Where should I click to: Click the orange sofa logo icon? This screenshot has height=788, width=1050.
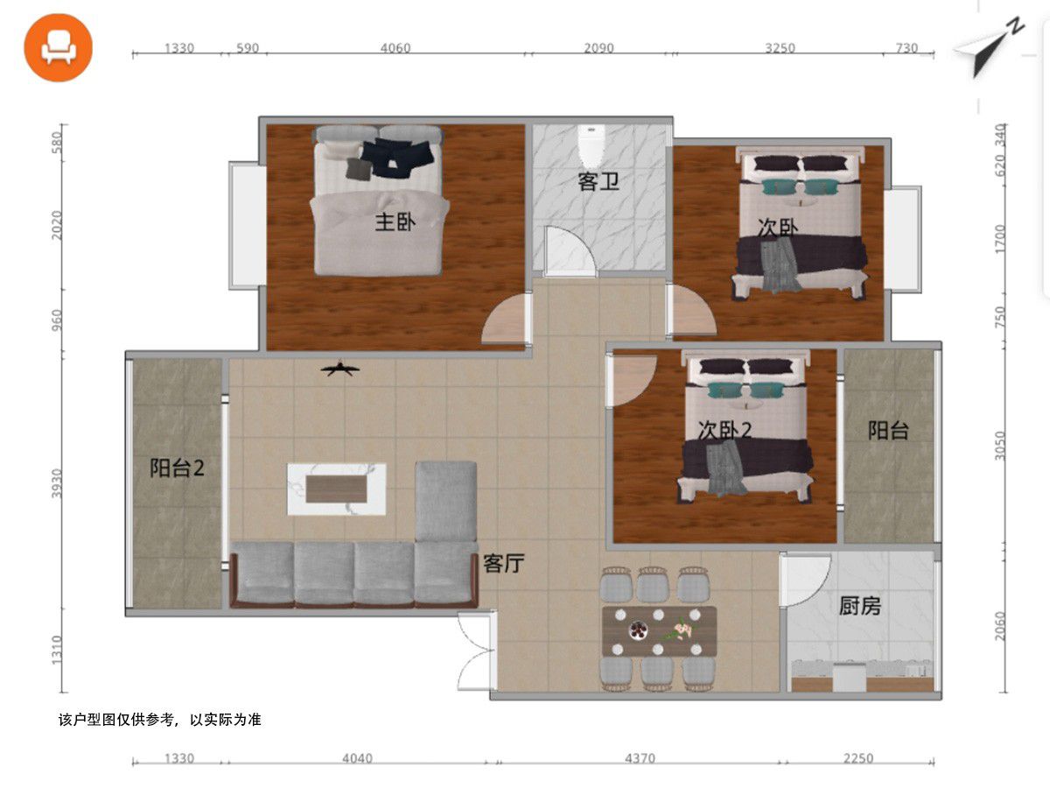(58, 48)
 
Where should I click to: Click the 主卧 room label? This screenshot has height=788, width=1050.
(395, 222)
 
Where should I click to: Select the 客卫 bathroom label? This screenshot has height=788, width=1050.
(598, 181)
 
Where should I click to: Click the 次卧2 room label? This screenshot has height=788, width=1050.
(724, 431)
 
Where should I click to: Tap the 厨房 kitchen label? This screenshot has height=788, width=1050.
(859, 606)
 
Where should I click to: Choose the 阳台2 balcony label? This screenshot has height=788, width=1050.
(177, 468)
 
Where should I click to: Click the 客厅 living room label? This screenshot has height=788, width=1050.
(503, 564)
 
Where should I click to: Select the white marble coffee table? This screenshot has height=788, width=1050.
(336, 489)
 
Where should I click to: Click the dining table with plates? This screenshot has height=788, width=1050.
(659, 631)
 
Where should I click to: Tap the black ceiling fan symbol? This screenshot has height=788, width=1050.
(340, 369)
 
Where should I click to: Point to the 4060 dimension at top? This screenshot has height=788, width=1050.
(395, 48)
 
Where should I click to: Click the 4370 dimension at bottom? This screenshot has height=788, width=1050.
(640, 758)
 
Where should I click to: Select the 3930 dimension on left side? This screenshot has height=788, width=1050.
(57, 483)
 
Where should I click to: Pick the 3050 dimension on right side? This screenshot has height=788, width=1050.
(1000, 446)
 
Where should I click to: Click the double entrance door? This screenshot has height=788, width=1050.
(475, 651)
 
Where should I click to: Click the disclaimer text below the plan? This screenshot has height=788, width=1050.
(160, 720)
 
